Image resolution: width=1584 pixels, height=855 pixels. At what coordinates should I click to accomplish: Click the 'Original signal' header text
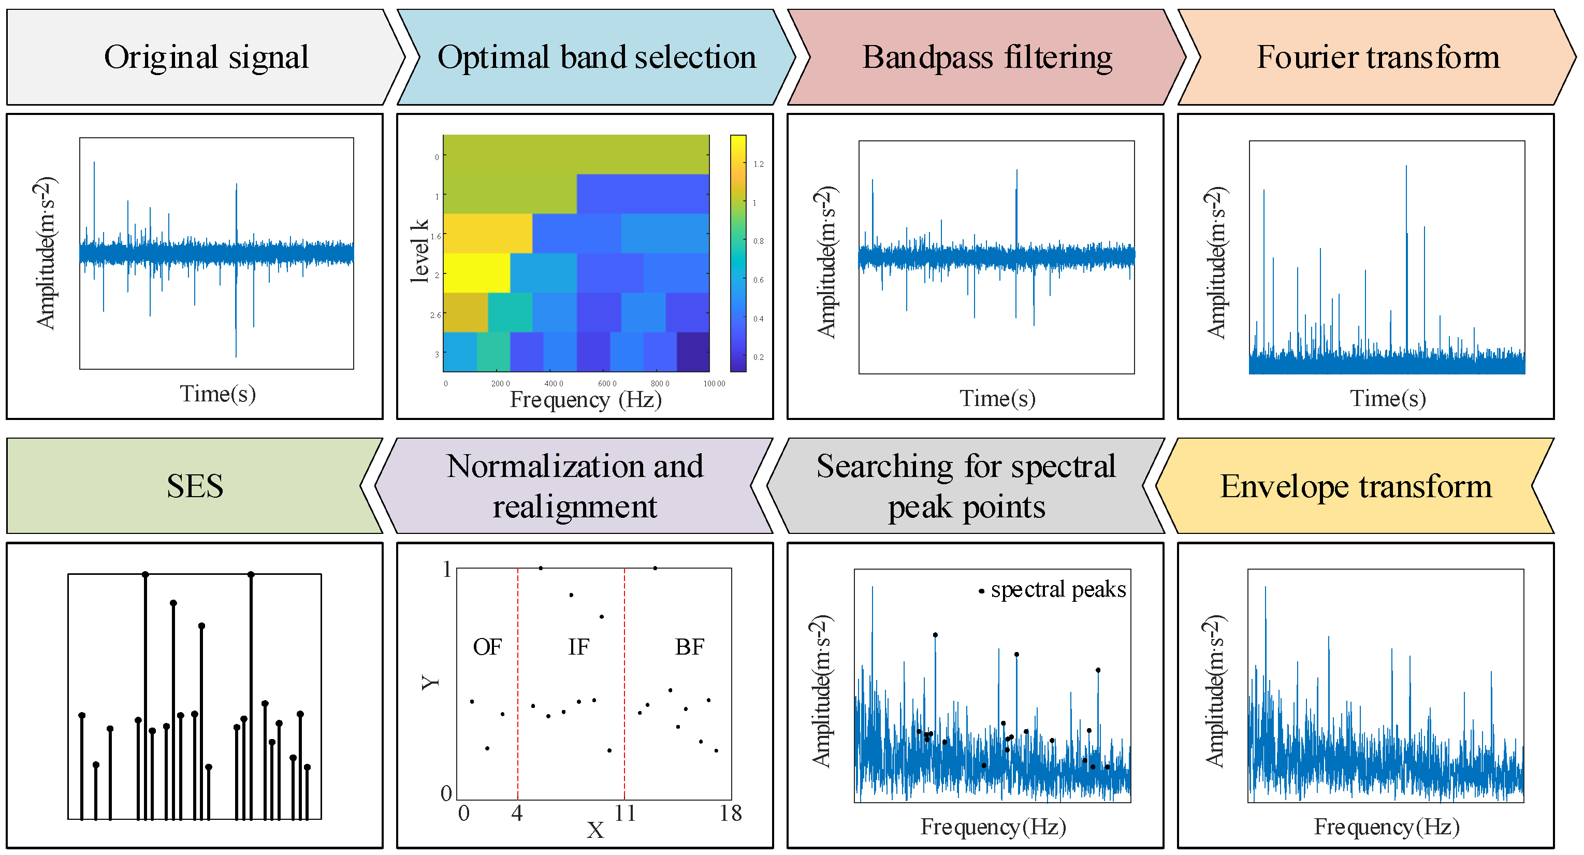206,57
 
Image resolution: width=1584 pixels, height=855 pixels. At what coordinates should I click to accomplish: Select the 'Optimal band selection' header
596,57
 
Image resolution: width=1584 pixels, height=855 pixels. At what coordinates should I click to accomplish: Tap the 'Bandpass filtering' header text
986,57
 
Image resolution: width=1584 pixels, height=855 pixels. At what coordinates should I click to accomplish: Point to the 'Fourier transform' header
1377,57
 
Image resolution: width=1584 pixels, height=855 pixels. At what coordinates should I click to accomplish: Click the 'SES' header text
194,486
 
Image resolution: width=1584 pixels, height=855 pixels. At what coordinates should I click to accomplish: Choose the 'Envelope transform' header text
1355,486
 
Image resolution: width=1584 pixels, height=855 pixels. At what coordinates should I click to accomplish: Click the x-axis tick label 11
624,813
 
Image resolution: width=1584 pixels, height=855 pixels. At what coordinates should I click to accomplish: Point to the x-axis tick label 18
731,813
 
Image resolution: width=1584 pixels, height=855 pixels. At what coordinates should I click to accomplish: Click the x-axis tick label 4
517,813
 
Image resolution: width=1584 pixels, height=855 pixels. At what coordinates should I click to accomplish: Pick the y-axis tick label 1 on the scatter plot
447,569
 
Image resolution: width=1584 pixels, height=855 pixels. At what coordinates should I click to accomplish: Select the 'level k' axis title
419,251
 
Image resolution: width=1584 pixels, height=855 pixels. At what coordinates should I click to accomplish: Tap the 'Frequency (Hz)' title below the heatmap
585,400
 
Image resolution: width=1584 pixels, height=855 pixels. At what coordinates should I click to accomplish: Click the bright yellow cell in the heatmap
476,272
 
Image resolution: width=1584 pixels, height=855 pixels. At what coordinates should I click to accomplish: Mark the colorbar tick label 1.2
758,164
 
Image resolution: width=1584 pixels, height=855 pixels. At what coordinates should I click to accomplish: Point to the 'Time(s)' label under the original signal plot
217,394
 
